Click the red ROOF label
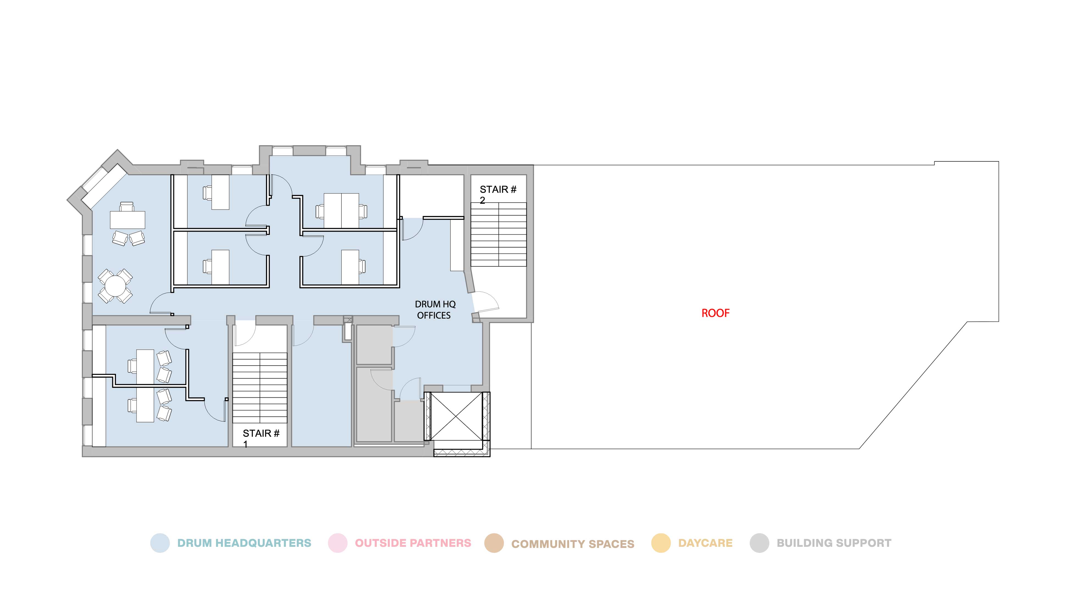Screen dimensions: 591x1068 pos(715,313)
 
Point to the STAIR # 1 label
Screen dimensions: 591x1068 pos(261,438)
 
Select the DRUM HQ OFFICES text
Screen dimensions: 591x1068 pos(435,310)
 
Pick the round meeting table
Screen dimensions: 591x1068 pos(115,286)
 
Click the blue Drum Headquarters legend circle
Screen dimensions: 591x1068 pos(160,543)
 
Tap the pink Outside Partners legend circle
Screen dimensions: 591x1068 pos(337,543)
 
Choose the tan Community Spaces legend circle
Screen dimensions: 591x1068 pos(494,543)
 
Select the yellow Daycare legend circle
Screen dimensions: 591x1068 pos(661,543)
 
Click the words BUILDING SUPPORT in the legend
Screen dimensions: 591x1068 pos(834,543)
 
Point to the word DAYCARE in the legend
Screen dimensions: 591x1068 pos(705,543)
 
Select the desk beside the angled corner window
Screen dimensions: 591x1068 pos(127,220)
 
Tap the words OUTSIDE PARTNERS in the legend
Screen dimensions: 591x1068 pos(413,543)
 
